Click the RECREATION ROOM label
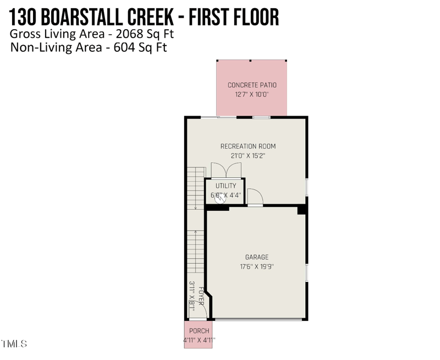248,146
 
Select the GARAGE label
257,257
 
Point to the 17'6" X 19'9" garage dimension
257,267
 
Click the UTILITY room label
226,186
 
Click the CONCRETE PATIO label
252,85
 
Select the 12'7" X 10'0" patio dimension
252,95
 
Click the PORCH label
199,331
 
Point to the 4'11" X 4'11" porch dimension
199,341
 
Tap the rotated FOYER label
202,297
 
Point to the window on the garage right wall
306,272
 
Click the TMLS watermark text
14,344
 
